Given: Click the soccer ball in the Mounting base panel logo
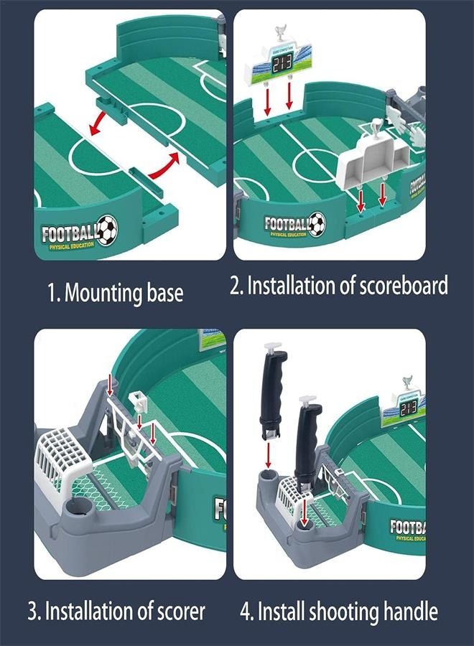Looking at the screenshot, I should click(x=107, y=230).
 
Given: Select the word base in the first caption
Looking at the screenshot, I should click(x=166, y=293).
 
